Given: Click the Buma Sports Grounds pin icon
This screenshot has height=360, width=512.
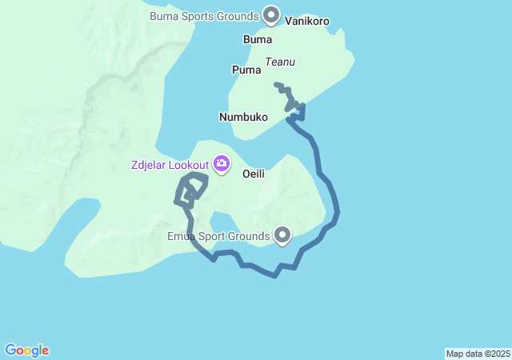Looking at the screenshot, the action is [271, 14].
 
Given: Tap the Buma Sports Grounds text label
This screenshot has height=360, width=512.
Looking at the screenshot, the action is [204, 15].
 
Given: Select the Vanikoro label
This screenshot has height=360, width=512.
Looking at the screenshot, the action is [307, 22].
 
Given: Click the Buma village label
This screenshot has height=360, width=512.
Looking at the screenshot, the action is [257, 39].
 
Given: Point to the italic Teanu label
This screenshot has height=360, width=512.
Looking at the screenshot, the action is [280, 61].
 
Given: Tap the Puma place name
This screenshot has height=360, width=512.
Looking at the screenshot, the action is [246, 70].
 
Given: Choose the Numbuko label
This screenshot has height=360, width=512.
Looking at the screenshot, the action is [243, 117].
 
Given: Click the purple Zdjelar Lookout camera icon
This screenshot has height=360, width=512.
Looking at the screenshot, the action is [221, 165].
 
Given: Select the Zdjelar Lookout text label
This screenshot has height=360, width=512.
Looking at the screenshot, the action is [170, 166].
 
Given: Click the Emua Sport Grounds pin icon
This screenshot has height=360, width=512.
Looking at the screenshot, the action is [282, 235].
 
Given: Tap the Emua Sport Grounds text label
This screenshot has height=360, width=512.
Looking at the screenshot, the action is [218, 236].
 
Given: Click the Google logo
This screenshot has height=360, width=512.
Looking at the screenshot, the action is [26, 350].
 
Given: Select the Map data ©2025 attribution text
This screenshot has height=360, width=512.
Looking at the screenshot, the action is [478, 354].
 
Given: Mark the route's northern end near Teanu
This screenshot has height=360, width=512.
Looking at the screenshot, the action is [275, 84].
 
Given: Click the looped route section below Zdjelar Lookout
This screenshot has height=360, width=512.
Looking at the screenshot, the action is [190, 190].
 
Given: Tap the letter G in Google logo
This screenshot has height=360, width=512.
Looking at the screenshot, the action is [10, 350].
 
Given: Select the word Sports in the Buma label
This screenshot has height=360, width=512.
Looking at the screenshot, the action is [200, 15].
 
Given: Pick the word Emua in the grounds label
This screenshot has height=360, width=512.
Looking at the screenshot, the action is [181, 236].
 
